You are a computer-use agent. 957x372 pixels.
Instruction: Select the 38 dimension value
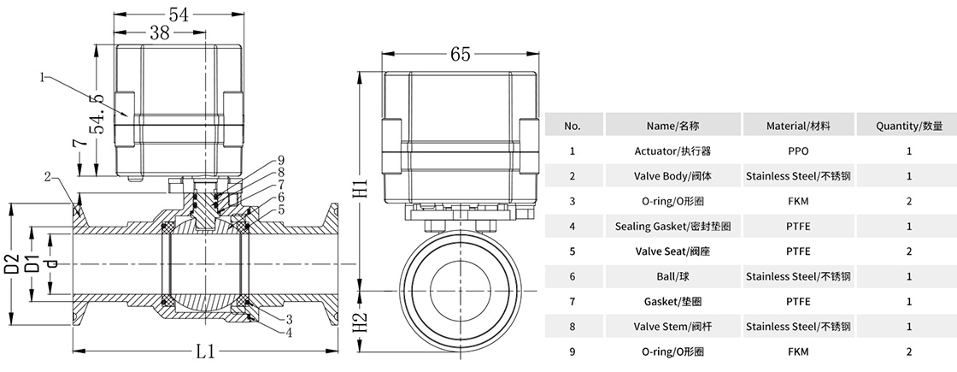159,32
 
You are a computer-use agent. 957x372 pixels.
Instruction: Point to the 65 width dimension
460,54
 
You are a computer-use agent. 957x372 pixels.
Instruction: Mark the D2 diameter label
11,263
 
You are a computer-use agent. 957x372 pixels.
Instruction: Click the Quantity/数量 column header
909,126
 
